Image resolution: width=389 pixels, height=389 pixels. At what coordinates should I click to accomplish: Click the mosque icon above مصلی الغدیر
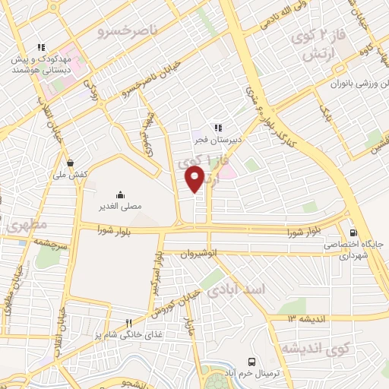[x=120, y=194]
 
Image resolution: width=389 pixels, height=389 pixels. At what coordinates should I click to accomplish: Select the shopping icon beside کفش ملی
[x=71, y=162]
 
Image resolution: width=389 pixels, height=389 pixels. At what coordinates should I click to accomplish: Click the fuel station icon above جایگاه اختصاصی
[x=353, y=232]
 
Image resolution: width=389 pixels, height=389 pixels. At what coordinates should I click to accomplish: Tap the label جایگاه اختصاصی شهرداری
[x=353, y=251]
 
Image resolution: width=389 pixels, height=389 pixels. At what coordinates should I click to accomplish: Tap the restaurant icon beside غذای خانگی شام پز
[x=128, y=323]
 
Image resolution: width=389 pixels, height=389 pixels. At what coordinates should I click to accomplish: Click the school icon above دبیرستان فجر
[x=217, y=127]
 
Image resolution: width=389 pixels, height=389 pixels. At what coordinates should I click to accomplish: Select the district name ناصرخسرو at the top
[x=128, y=33]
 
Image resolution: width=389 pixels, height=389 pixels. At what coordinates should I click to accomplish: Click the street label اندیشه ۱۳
[x=302, y=318]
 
